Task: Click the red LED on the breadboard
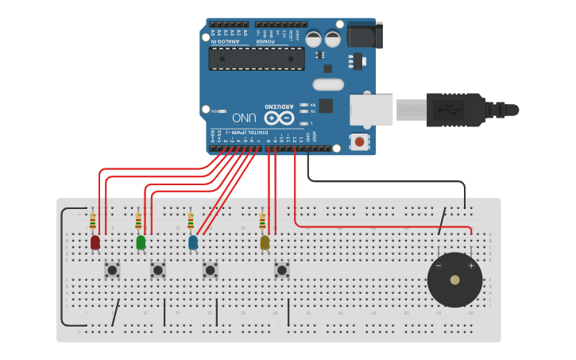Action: [x=95, y=242]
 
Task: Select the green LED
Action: [x=141, y=242]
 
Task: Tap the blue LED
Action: [x=192, y=242]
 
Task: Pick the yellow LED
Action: [x=265, y=242]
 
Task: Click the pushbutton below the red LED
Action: [x=112, y=270]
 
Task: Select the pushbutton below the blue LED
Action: [x=210, y=270]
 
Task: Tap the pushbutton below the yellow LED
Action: [x=281, y=270]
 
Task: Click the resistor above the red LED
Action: [x=93, y=219]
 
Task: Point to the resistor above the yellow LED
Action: [x=262, y=219]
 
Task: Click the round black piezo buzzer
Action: [x=454, y=280]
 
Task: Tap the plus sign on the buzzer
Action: [x=470, y=266]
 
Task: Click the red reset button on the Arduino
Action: [x=359, y=142]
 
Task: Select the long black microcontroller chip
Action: [x=256, y=58]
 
